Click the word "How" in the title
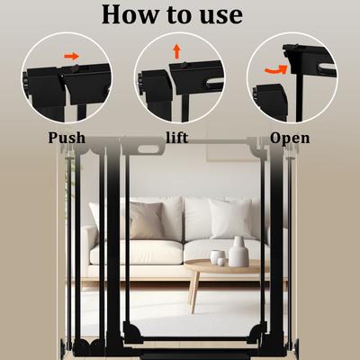point(131,15)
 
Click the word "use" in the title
point(217,15)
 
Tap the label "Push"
point(67,139)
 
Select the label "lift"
point(177,139)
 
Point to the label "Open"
point(290,139)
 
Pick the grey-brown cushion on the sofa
point(145,220)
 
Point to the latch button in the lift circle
point(179,67)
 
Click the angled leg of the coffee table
point(193,292)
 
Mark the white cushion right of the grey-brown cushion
point(198,219)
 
